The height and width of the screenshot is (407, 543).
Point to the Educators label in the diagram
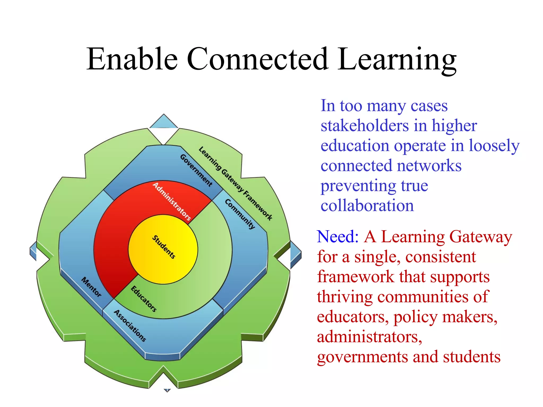coord(144,299)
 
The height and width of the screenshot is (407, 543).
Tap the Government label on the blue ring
coord(196,170)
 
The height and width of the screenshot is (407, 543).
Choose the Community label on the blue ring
coord(240,214)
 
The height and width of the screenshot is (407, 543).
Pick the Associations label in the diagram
coord(130,326)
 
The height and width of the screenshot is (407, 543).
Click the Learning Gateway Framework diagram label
coord(235,183)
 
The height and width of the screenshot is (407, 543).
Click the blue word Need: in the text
coord(338,237)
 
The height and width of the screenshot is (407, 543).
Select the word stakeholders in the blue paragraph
coord(365,126)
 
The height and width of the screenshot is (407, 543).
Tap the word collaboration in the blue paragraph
coord(367,206)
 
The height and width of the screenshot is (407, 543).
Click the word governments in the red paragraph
coord(362,357)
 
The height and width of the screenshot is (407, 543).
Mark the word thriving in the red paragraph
coord(345,297)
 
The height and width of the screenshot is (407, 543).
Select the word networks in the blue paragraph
coord(429,166)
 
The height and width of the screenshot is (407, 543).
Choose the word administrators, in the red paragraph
coord(369,337)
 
